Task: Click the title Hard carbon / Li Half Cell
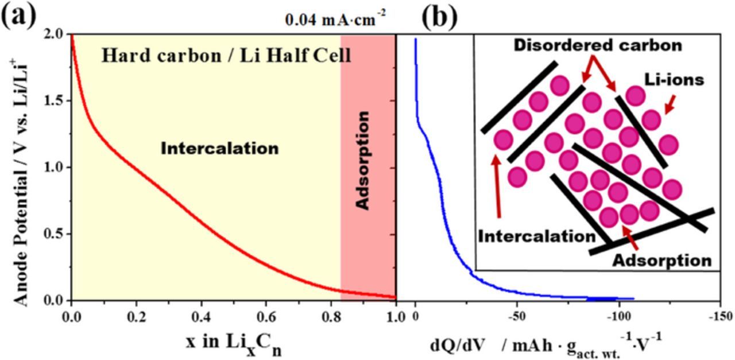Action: pyautogui.click(x=226, y=56)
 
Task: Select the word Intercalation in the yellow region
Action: pyautogui.click(x=219, y=148)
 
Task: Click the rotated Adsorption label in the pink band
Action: pyautogui.click(x=362, y=160)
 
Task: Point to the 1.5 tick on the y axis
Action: pyautogui.click(x=56, y=101)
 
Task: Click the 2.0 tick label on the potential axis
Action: pyautogui.click(x=56, y=34)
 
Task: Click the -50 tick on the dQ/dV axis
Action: pyautogui.click(x=516, y=316)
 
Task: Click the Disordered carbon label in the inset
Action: pyautogui.click(x=597, y=45)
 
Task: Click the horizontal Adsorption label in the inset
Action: pyautogui.click(x=661, y=261)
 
